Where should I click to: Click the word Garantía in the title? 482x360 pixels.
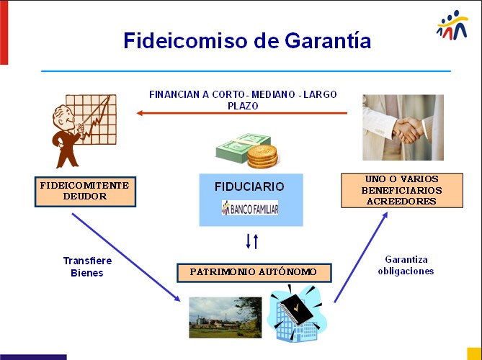pos(328,40)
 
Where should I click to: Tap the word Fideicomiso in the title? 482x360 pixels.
pos(185,40)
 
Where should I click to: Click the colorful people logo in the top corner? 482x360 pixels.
pos(452,25)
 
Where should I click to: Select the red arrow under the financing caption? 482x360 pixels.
pos(241,113)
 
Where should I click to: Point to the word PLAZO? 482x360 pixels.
pos(243,106)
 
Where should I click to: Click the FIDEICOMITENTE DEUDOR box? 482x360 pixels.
pos(85,192)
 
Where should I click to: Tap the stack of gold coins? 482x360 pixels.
pos(262,157)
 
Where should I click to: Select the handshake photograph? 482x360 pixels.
pos(403,127)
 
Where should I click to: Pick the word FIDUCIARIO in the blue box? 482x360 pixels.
pos(249,186)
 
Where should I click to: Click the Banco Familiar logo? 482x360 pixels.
pos(250,207)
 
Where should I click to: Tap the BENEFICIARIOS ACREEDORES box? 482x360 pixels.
pos(402,191)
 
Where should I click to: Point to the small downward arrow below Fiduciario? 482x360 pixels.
pos(248,241)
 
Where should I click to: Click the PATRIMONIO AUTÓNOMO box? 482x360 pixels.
pos(254,272)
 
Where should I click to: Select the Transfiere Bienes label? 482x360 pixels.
pos(87,266)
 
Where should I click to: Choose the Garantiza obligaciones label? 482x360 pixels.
pos(406,265)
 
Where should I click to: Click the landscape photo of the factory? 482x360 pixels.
pos(226,318)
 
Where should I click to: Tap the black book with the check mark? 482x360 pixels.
pos(296,310)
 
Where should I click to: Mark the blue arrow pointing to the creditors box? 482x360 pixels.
pos(360,258)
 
